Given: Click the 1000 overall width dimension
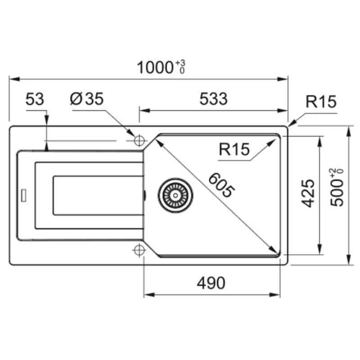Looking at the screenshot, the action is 155,67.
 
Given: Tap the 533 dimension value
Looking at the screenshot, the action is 213,99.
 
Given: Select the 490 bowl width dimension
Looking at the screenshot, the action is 211,283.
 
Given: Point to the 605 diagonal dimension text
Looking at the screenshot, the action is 221,185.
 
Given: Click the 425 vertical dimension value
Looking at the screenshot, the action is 308,193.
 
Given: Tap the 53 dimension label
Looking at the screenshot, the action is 35,99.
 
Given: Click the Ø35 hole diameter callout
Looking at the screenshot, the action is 87,99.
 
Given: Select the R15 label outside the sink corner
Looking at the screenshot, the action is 321,102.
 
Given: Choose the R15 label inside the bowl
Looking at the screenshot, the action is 234,149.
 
